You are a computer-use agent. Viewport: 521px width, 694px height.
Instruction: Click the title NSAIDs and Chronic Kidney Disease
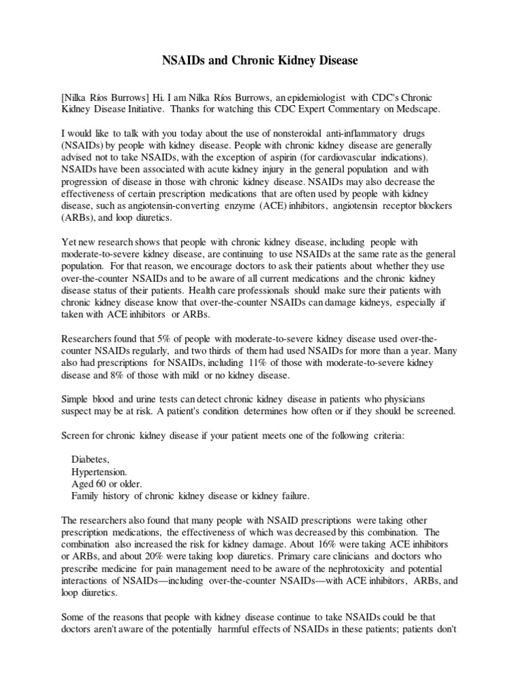[x=260, y=61]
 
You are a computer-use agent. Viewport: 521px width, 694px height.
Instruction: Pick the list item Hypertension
[x=99, y=471]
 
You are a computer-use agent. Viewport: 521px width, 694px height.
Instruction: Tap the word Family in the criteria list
[x=87, y=495]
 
